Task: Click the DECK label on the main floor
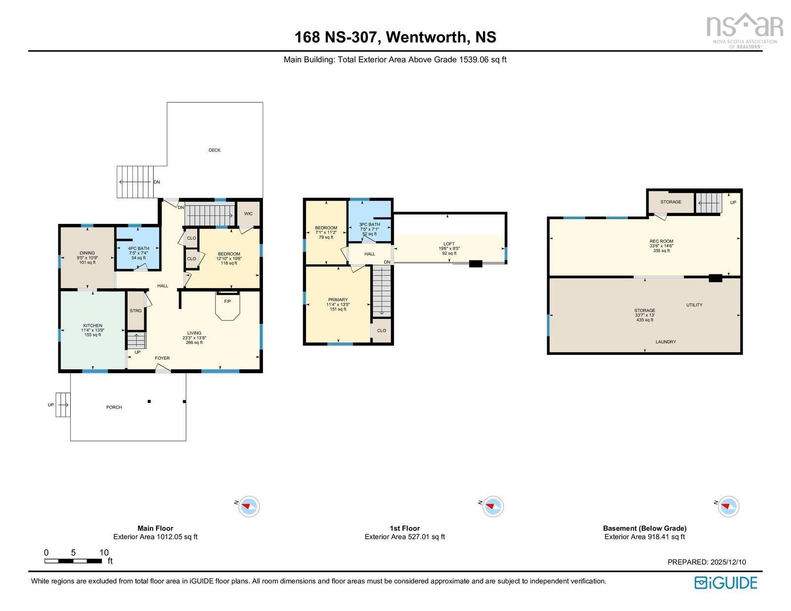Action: coord(214,150)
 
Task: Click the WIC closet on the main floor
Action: coord(248,214)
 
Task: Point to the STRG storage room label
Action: coord(135,311)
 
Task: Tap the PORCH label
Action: coord(114,407)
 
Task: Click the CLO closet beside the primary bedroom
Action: coord(381,331)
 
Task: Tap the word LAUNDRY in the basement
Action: coord(665,342)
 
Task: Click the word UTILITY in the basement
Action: coord(694,305)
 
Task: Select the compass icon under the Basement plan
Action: coord(729,507)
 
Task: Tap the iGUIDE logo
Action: coord(725,583)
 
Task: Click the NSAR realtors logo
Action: coord(744,28)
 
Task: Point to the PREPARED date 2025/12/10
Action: coord(706,562)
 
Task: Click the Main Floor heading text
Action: coord(155,528)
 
